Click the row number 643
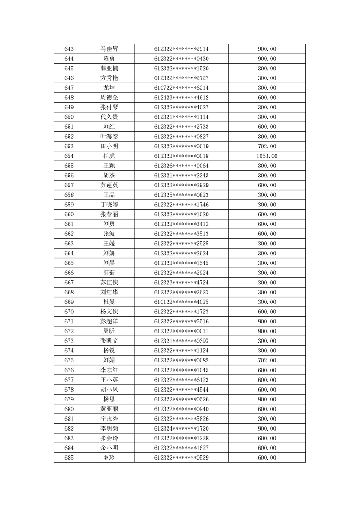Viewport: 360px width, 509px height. click(x=69, y=49)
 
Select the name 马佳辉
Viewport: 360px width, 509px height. click(x=109, y=49)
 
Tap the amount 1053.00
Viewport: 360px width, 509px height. click(x=267, y=156)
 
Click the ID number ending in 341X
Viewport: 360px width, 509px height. click(x=181, y=224)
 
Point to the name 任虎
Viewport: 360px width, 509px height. click(x=109, y=156)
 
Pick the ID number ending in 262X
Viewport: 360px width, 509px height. click(x=181, y=292)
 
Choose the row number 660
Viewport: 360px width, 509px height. click(x=69, y=215)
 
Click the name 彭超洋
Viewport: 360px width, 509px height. click(x=109, y=322)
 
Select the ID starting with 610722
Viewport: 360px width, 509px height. click(x=181, y=88)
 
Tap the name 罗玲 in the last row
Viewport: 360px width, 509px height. click(x=109, y=458)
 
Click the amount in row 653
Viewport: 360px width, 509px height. click(x=267, y=146)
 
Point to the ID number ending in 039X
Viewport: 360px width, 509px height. click(x=181, y=341)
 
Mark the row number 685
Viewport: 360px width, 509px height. click(x=69, y=458)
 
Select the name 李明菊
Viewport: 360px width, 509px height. click(x=109, y=429)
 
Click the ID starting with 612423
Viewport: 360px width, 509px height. click(x=181, y=98)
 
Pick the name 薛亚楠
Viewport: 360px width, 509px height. click(x=109, y=69)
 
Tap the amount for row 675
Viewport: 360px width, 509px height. click(x=267, y=361)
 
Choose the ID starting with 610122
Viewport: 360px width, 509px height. click(x=181, y=302)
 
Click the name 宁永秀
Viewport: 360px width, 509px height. click(x=109, y=419)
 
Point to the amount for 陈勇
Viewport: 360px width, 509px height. click(x=267, y=59)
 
